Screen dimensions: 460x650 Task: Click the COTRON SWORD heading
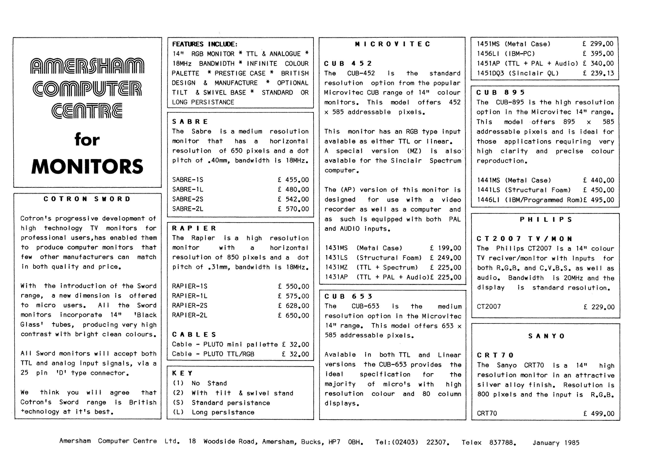(x=87, y=199)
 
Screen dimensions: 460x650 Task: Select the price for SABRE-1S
(x=293, y=180)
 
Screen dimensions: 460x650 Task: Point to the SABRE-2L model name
(x=188, y=209)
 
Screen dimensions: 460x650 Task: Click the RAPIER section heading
(x=194, y=228)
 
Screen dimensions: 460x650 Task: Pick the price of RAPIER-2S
(x=294, y=306)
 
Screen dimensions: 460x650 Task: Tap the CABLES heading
(x=194, y=335)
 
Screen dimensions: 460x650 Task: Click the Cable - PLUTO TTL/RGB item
(x=213, y=354)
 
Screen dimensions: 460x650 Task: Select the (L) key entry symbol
(x=178, y=412)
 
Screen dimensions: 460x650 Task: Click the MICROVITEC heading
(x=392, y=44)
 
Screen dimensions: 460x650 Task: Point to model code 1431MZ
(x=336, y=267)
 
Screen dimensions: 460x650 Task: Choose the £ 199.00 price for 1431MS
(x=446, y=248)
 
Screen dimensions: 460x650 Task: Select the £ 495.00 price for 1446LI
(x=599, y=200)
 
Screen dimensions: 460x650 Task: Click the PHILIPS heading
(x=546, y=220)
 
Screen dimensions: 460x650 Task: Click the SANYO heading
(x=546, y=336)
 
